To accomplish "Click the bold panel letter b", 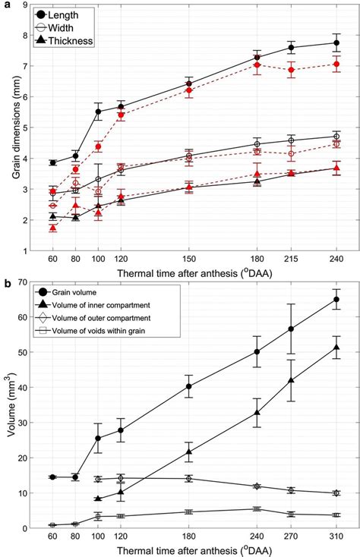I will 8,282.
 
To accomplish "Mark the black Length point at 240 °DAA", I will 336,42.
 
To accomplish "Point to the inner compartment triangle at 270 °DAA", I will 291,380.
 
